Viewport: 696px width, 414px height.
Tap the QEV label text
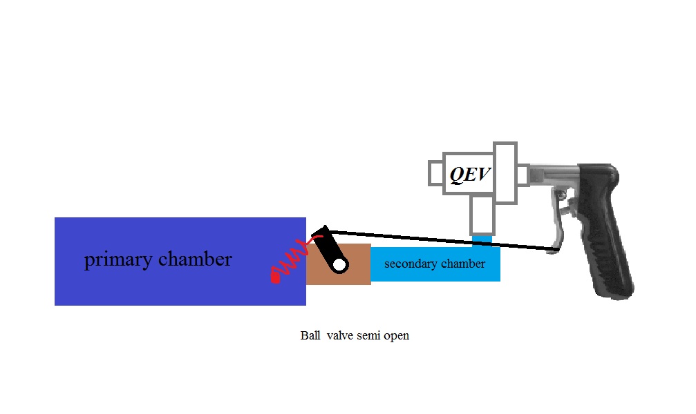click(470, 175)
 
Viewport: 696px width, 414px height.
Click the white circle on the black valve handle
click(339, 265)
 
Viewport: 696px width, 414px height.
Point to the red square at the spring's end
click(275, 279)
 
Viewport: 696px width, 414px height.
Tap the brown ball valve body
click(357, 273)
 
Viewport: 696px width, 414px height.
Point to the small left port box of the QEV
click(436, 172)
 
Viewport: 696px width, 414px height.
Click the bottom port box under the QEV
click(482, 215)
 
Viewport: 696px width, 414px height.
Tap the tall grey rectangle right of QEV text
click(505, 172)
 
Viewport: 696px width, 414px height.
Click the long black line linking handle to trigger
click(442, 239)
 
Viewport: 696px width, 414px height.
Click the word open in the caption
click(397, 336)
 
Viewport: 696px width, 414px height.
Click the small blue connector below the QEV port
click(482, 239)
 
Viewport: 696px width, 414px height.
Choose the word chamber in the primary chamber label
click(196, 259)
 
